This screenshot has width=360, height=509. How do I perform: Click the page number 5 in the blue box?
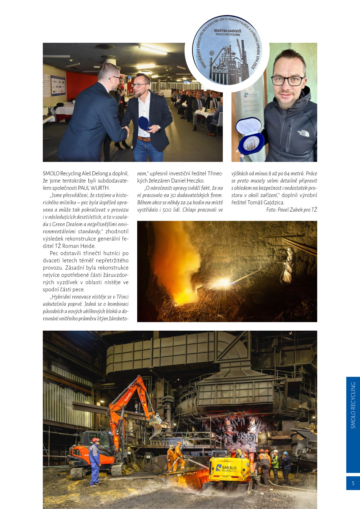pyautogui.click(x=353, y=483)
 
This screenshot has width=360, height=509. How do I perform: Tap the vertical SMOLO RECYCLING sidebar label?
pyautogui.click(x=353, y=405)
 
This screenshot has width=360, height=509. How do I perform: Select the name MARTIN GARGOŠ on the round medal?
pyautogui.click(x=227, y=31)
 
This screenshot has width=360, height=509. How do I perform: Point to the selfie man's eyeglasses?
pyautogui.click(x=288, y=81)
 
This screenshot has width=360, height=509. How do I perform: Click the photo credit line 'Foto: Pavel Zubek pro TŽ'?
pyautogui.click(x=291, y=209)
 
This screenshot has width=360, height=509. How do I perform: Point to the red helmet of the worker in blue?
pyautogui.click(x=95, y=440)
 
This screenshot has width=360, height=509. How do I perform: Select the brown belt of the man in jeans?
pyautogui.click(x=144, y=139)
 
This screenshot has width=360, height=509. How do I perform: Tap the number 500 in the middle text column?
pyautogui.click(x=167, y=209)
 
